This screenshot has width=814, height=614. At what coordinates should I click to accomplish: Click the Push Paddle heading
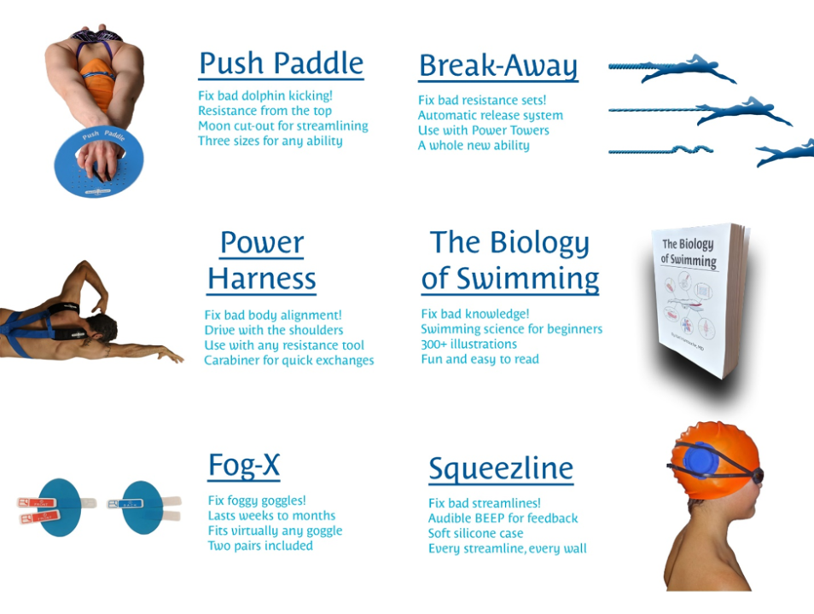click(x=281, y=64)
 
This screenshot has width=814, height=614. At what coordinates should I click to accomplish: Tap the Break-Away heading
click(x=497, y=67)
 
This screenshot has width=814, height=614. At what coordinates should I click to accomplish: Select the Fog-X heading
click(x=244, y=466)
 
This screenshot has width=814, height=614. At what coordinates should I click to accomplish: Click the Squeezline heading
click(x=500, y=468)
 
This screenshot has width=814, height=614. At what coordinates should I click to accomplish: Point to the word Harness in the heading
click(x=261, y=278)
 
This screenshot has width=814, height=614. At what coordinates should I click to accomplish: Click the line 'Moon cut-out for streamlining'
click(x=282, y=126)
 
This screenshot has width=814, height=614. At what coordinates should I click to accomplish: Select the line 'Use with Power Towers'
click(x=483, y=130)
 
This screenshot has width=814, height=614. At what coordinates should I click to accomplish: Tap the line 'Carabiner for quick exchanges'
click(x=288, y=361)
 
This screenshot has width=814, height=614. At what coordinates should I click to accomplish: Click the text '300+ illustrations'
click(x=468, y=345)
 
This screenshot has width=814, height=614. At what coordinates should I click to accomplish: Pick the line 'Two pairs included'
click(x=260, y=546)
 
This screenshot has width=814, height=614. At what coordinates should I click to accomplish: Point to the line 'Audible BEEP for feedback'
click(x=503, y=518)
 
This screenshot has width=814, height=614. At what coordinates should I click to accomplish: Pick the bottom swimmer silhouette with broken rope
click(x=783, y=152)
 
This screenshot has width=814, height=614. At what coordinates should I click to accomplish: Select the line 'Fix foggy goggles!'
click(x=257, y=501)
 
